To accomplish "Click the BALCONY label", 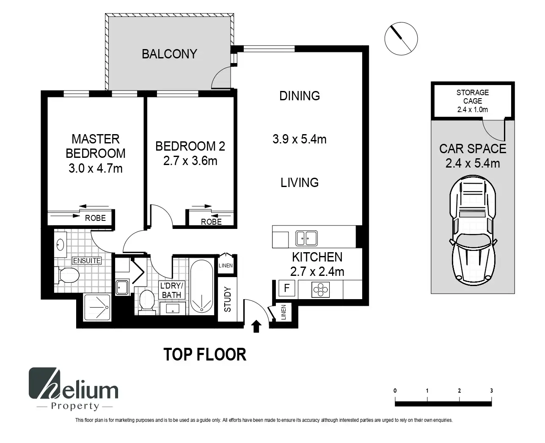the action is coord(169,54).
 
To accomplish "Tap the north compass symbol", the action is coord(401,39).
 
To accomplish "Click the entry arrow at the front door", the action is coord(256,327).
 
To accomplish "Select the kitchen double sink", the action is coord(306,238).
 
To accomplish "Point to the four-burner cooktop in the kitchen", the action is coord(320,289).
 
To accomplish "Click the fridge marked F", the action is coord(286,288).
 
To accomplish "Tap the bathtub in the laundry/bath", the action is coord(201,286).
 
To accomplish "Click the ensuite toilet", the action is coord(66,275).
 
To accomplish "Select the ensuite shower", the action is coord(97,307).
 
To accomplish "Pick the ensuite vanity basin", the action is coord(60,245).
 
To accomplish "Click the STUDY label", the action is coord(228,299).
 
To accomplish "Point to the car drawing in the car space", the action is coord(473,230).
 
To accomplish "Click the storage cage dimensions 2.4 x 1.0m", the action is coord(472,110).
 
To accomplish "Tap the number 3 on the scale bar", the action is coord(491,391).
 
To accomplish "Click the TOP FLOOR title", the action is coord(205,355).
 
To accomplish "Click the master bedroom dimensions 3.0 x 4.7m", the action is coord(96,168).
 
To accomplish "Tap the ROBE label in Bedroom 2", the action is coord(211,222).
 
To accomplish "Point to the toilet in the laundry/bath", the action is coord(147,302).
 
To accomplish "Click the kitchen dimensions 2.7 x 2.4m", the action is coord(317,272).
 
